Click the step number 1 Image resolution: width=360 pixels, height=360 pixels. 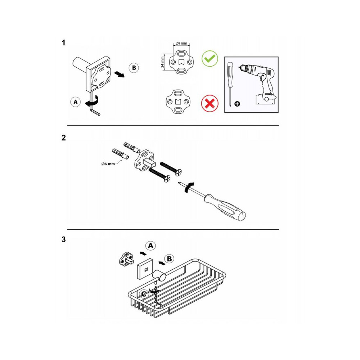click(63, 43)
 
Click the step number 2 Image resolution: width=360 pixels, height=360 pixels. click(64, 138)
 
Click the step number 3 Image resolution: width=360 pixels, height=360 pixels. click(64, 239)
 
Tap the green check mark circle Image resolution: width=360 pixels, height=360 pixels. click(210, 59)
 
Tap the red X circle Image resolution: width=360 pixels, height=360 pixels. click(210, 104)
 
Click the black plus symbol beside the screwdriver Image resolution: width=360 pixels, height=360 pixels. click(237, 104)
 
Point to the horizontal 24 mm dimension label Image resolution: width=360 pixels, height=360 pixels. click(181, 43)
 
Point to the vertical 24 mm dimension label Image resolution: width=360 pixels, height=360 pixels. click(163, 62)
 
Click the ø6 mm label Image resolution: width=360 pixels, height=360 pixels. click(108, 164)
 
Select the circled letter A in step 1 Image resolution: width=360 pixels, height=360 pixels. click(76, 102)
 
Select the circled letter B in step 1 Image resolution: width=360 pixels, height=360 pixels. click(134, 68)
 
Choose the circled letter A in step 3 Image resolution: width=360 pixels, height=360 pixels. click(150, 246)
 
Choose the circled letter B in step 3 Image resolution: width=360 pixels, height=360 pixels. click(170, 259)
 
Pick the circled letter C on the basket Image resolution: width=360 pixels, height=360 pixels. click(144, 294)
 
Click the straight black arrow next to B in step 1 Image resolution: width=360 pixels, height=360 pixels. click(120, 74)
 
